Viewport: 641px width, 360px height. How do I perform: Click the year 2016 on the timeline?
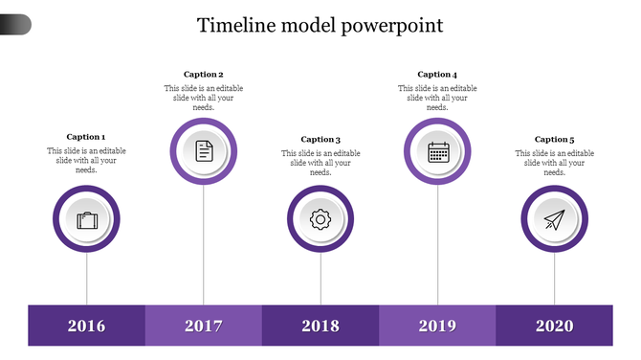(x=86, y=326)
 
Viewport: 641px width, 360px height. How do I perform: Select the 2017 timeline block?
(x=203, y=326)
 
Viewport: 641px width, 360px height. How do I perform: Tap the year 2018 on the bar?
(x=320, y=326)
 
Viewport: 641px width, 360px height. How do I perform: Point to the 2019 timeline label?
(x=437, y=326)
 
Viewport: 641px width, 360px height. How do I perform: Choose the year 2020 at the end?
(x=554, y=326)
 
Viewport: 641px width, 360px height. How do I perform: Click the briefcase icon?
(x=87, y=220)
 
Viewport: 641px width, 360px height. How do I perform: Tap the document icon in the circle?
(x=204, y=150)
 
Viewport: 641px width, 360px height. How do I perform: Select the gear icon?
(x=320, y=219)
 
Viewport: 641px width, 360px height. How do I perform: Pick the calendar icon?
(x=438, y=150)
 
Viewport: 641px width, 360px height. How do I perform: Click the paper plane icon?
(x=555, y=220)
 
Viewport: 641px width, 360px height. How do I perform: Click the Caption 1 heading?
(x=86, y=137)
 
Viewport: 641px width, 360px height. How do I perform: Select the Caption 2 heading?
(x=203, y=74)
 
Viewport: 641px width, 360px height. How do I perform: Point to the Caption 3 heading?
(x=320, y=139)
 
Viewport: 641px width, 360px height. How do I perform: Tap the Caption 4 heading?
(x=437, y=74)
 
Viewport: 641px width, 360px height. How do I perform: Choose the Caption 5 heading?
(x=554, y=139)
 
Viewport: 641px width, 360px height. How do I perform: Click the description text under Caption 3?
(x=320, y=163)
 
